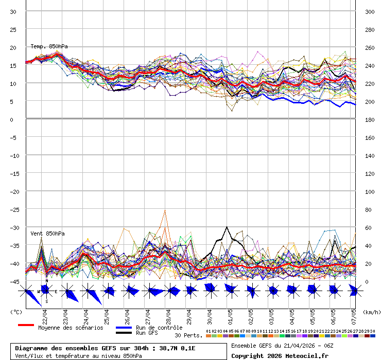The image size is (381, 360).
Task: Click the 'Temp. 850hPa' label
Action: coord(49,46)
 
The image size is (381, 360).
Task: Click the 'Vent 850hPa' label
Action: coord(47,233)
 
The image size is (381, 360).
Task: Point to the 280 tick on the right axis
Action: coord(370,29)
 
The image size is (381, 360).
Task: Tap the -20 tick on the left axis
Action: coord(13,191)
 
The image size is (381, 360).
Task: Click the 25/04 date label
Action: coord(106,314)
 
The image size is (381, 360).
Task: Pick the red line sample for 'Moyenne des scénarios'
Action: coord(26,325)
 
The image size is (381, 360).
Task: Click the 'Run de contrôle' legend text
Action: coord(159,328)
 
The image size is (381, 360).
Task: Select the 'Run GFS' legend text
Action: coord(147,333)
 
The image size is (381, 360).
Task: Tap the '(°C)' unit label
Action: coord(16,312)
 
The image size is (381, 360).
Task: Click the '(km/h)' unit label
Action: coord(371,312)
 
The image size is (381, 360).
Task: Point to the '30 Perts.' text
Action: coord(188,335)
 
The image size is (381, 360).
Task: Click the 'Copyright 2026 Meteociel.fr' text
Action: coord(279,355)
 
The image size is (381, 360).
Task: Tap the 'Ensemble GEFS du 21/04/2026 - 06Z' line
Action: coord(281,346)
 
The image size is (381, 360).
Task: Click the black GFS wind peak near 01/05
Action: coord(227,227)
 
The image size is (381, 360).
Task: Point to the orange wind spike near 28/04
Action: coord(165,210)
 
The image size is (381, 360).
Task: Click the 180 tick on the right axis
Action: coord(370,119)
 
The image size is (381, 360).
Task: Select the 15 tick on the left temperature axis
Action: coord(13,65)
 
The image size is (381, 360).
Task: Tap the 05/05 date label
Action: coord(312,314)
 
